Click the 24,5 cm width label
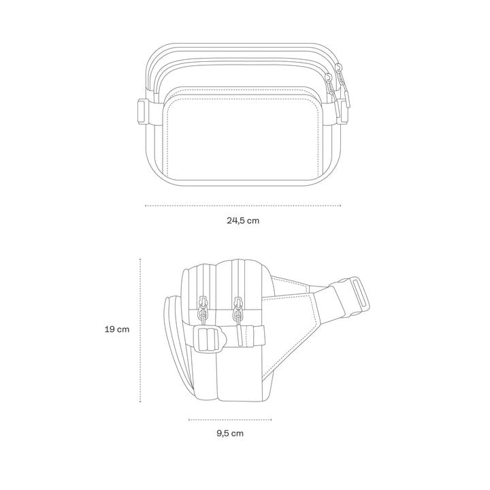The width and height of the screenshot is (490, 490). tap(243, 220)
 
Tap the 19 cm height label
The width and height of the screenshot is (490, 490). tap(117, 329)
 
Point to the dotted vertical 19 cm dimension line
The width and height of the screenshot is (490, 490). tap(140, 330)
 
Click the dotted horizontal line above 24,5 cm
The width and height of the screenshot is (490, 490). tap(243, 205)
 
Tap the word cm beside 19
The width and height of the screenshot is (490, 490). tap(123, 329)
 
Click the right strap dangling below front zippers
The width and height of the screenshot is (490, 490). tap(336, 113)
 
